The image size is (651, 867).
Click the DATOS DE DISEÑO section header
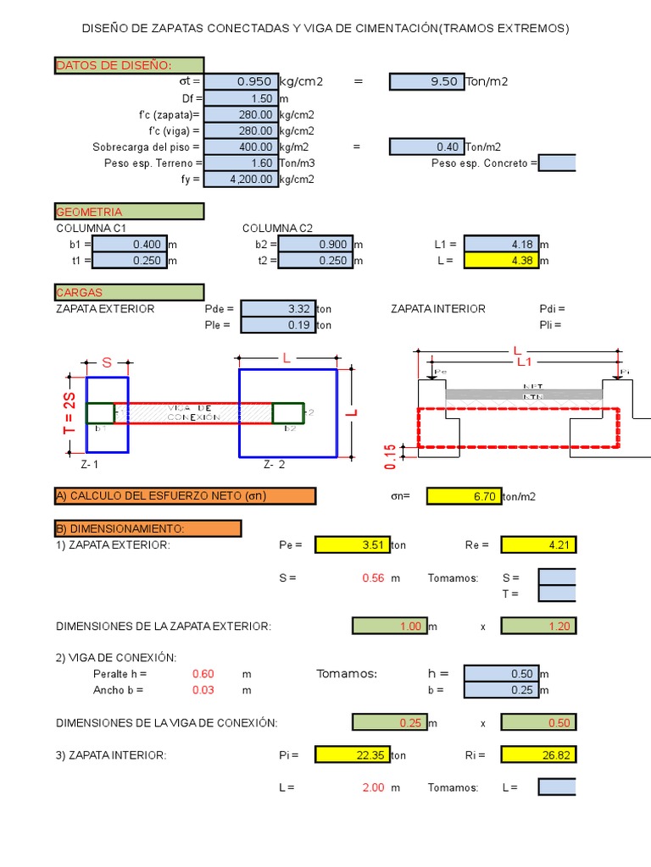[x=129, y=65]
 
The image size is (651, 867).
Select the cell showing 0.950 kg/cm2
[x=241, y=81]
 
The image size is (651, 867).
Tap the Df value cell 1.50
[x=241, y=98]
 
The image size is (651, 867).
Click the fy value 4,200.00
[x=241, y=179]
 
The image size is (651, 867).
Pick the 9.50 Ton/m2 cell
[x=426, y=81]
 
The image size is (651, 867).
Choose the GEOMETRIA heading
[x=129, y=212]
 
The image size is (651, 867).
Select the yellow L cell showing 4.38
[x=501, y=261]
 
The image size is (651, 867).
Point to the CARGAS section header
[x=129, y=292]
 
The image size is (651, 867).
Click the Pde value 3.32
[x=277, y=309]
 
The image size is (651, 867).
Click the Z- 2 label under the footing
[x=274, y=465]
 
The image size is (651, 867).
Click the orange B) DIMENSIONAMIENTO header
[x=147, y=528]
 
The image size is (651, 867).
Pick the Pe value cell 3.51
[x=352, y=544]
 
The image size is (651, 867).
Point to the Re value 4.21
[x=538, y=544]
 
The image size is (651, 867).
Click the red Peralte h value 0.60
[x=203, y=674]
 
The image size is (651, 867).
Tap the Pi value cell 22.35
[x=352, y=754]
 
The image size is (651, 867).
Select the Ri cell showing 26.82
[x=538, y=754]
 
